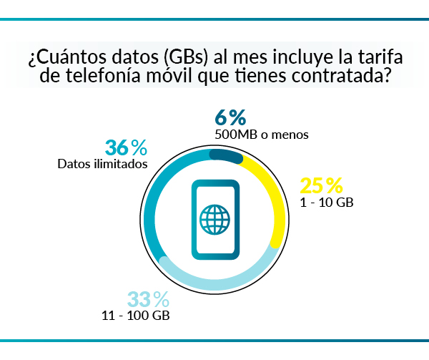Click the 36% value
[x=126, y=148]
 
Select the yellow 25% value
[x=321, y=186]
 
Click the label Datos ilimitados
[x=102, y=164]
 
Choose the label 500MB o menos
[x=261, y=134]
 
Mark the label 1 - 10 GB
[x=327, y=203]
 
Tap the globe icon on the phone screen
[x=214, y=219]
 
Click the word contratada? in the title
[x=344, y=76]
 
